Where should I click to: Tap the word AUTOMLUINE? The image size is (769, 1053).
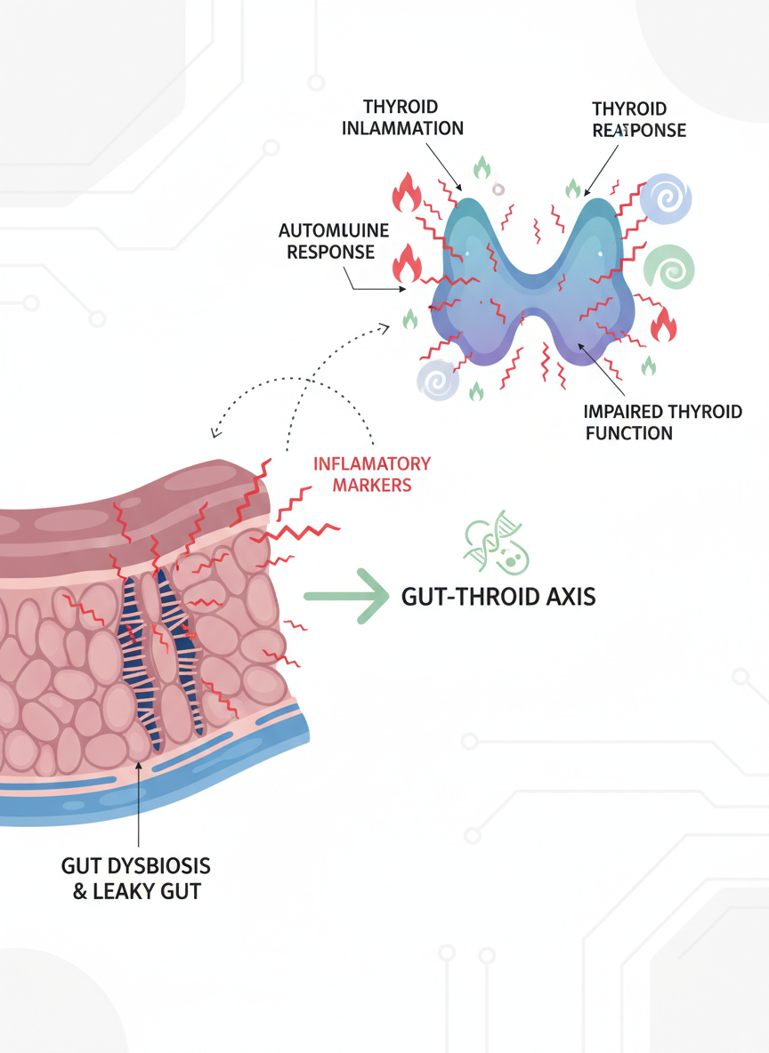[334, 231]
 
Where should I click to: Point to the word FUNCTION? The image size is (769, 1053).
[628, 433]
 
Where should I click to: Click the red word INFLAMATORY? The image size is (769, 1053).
[372, 463]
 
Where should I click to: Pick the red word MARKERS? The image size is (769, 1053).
[372, 485]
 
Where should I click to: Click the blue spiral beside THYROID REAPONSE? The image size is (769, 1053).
[665, 198]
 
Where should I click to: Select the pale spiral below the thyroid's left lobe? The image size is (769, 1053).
[438, 381]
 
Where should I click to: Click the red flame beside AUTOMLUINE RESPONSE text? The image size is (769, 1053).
[409, 262]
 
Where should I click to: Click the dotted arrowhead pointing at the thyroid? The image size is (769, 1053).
[385, 327]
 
